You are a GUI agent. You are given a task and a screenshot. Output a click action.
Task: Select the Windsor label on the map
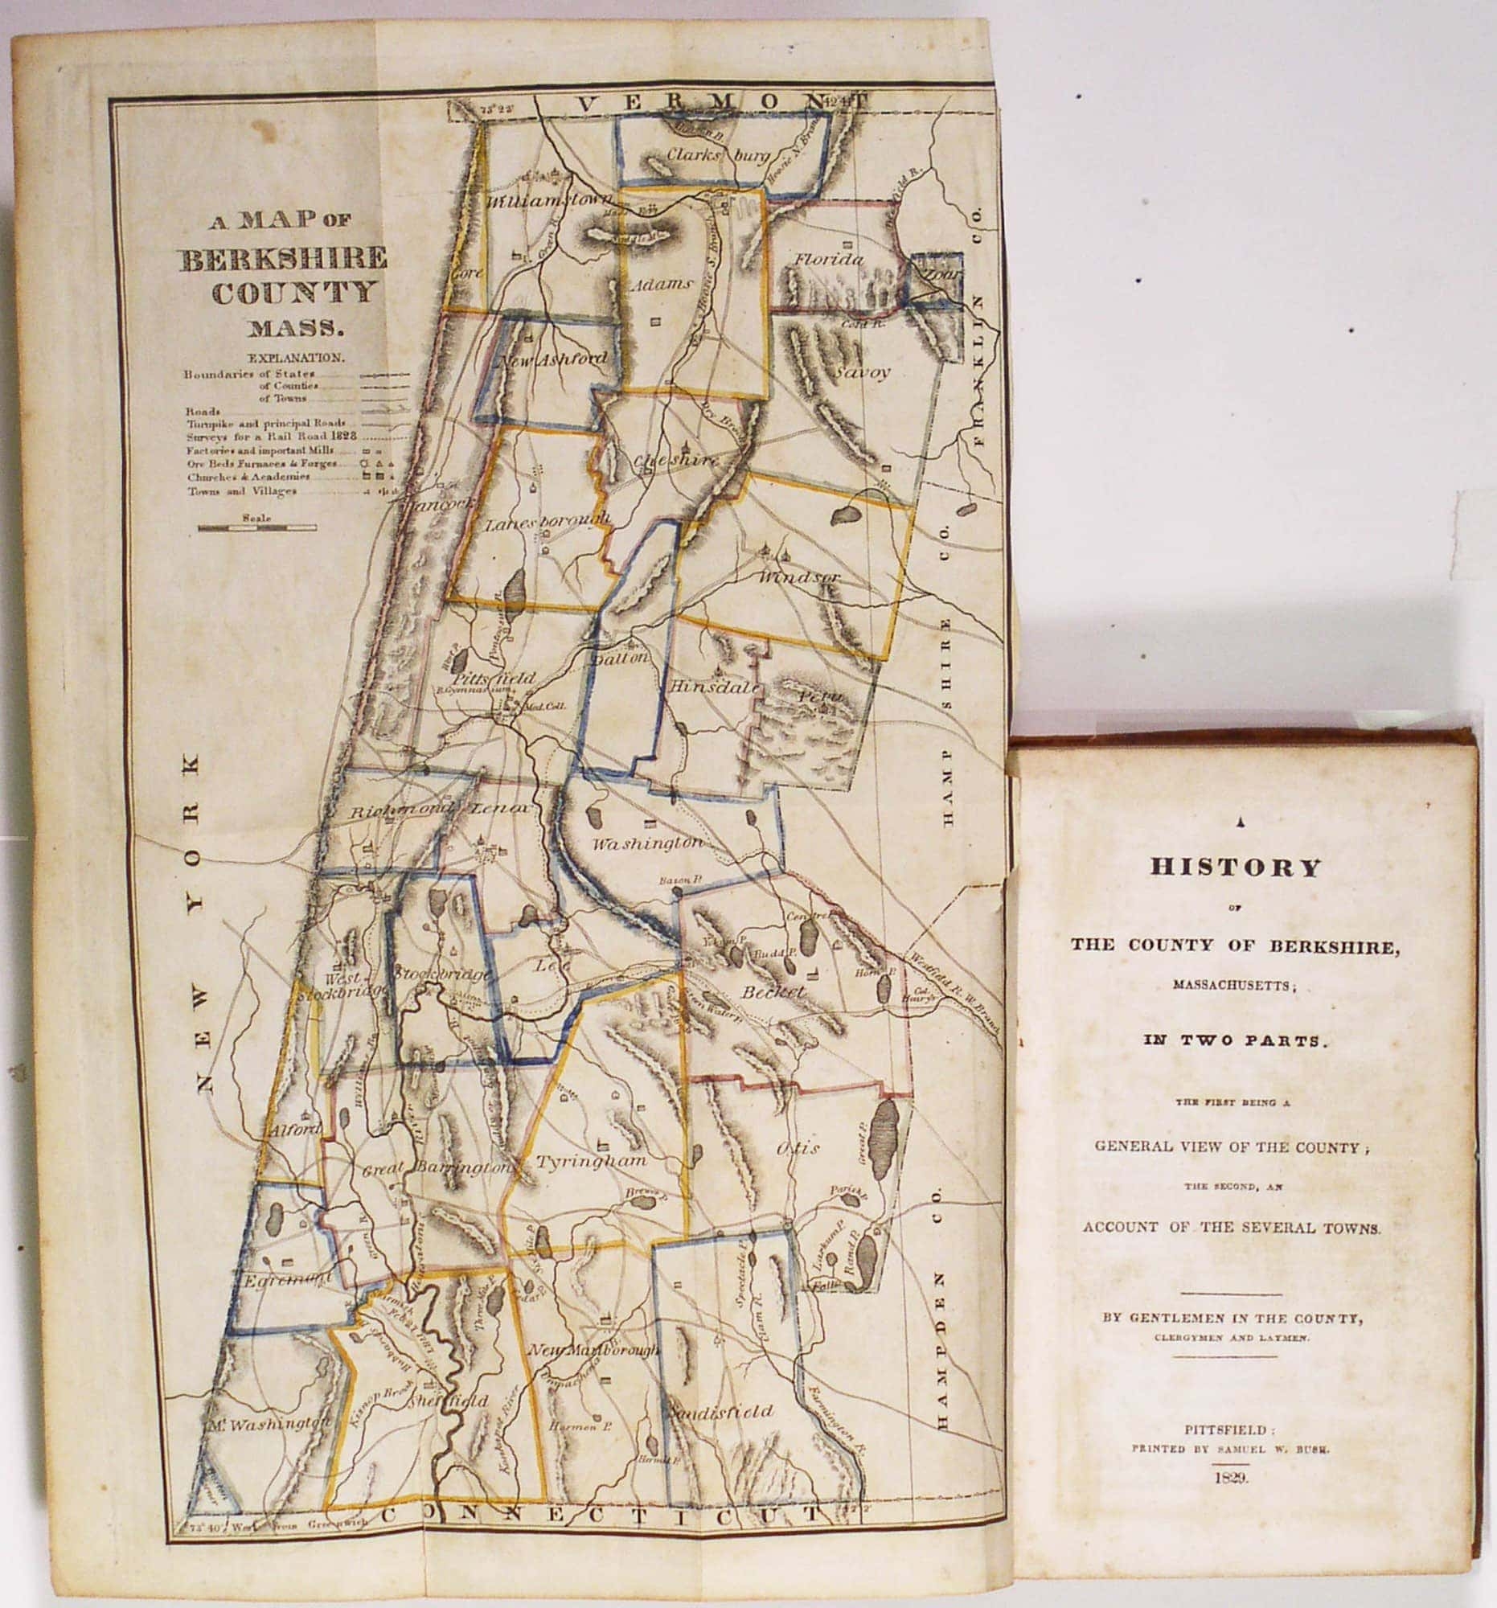tap(800, 577)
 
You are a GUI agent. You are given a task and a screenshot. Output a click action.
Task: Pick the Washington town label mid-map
tap(647, 843)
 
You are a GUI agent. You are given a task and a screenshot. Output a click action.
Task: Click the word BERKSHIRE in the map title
tap(283, 259)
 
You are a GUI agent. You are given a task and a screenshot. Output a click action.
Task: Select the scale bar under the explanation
tap(256, 528)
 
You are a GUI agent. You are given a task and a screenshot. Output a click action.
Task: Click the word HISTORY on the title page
tap(1235, 867)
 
